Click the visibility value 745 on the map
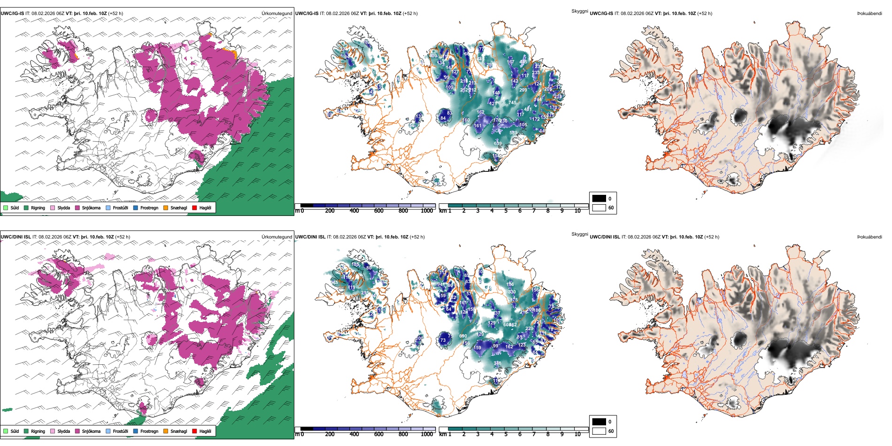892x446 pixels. [512, 103]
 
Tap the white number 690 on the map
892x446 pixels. [463, 336]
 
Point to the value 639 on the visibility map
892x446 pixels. [498, 144]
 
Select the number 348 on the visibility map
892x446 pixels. [497, 363]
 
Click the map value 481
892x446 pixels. [528, 109]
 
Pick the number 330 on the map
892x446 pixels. [512, 292]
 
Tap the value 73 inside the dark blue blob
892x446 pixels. [443, 340]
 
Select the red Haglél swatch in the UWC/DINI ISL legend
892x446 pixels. [195, 431]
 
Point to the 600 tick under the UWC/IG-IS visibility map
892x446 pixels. [378, 211]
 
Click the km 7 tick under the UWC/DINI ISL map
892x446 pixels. [534, 434]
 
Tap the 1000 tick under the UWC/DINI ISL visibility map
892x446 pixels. [427, 434]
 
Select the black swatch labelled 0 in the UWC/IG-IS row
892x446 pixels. [599, 199]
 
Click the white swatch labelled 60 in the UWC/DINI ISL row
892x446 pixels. [599, 431]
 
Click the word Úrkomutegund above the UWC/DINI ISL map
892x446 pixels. [277, 237]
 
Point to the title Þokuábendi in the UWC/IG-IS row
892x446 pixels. [869, 14]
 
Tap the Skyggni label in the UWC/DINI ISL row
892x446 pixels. [579, 234]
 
